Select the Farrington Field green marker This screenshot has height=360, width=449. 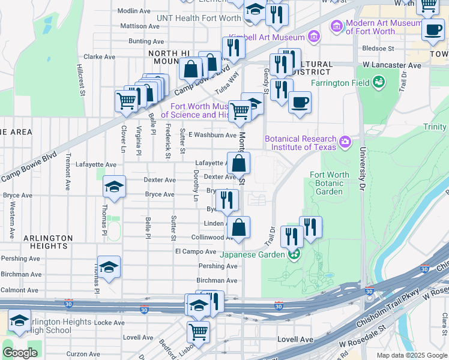click(378, 81)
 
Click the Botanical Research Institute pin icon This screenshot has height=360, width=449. click(345, 142)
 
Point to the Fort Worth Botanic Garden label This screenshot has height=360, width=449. click(329, 183)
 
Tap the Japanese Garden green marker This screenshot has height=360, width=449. click(294, 254)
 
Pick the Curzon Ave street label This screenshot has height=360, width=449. click(83, 354)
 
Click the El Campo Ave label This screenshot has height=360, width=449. click(195, 251)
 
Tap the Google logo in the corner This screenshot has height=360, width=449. click(20, 352)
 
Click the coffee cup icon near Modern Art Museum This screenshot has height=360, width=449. click(432, 30)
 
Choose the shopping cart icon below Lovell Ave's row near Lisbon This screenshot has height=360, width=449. click(198, 331)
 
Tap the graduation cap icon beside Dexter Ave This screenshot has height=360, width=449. click(113, 187)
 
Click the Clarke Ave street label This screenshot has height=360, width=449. click(100, 57)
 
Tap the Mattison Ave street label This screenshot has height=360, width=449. click(140, 26)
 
